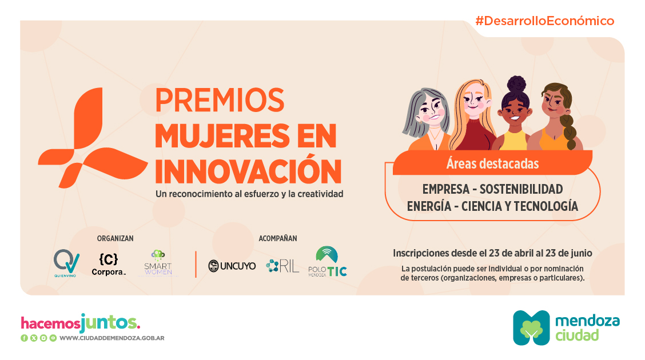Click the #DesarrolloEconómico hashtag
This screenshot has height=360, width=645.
(x=544, y=21)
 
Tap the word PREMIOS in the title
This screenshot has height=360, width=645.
(x=220, y=100)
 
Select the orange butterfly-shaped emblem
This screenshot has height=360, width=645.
(x=93, y=138)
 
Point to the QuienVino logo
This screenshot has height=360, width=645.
(x=66, y=263)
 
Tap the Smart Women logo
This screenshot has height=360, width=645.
(x=158, y=263)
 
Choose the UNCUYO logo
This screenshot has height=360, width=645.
(x=232, y=266)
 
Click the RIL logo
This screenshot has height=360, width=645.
(x=282, y=266)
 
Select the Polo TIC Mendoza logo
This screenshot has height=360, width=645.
(x=328, y=261)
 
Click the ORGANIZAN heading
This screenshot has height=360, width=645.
(x=115, y=238)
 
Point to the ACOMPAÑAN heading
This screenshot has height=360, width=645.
(x=278, y=238)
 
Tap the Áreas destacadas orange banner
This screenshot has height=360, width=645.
(x=492, y=163)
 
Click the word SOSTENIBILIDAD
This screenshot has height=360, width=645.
(x=521, y=189)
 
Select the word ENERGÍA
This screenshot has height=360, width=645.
(x=429, y=206)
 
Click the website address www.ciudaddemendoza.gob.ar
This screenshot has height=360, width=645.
(x=112, y=338)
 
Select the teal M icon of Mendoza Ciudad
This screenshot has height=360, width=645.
(x=531, y=327)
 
